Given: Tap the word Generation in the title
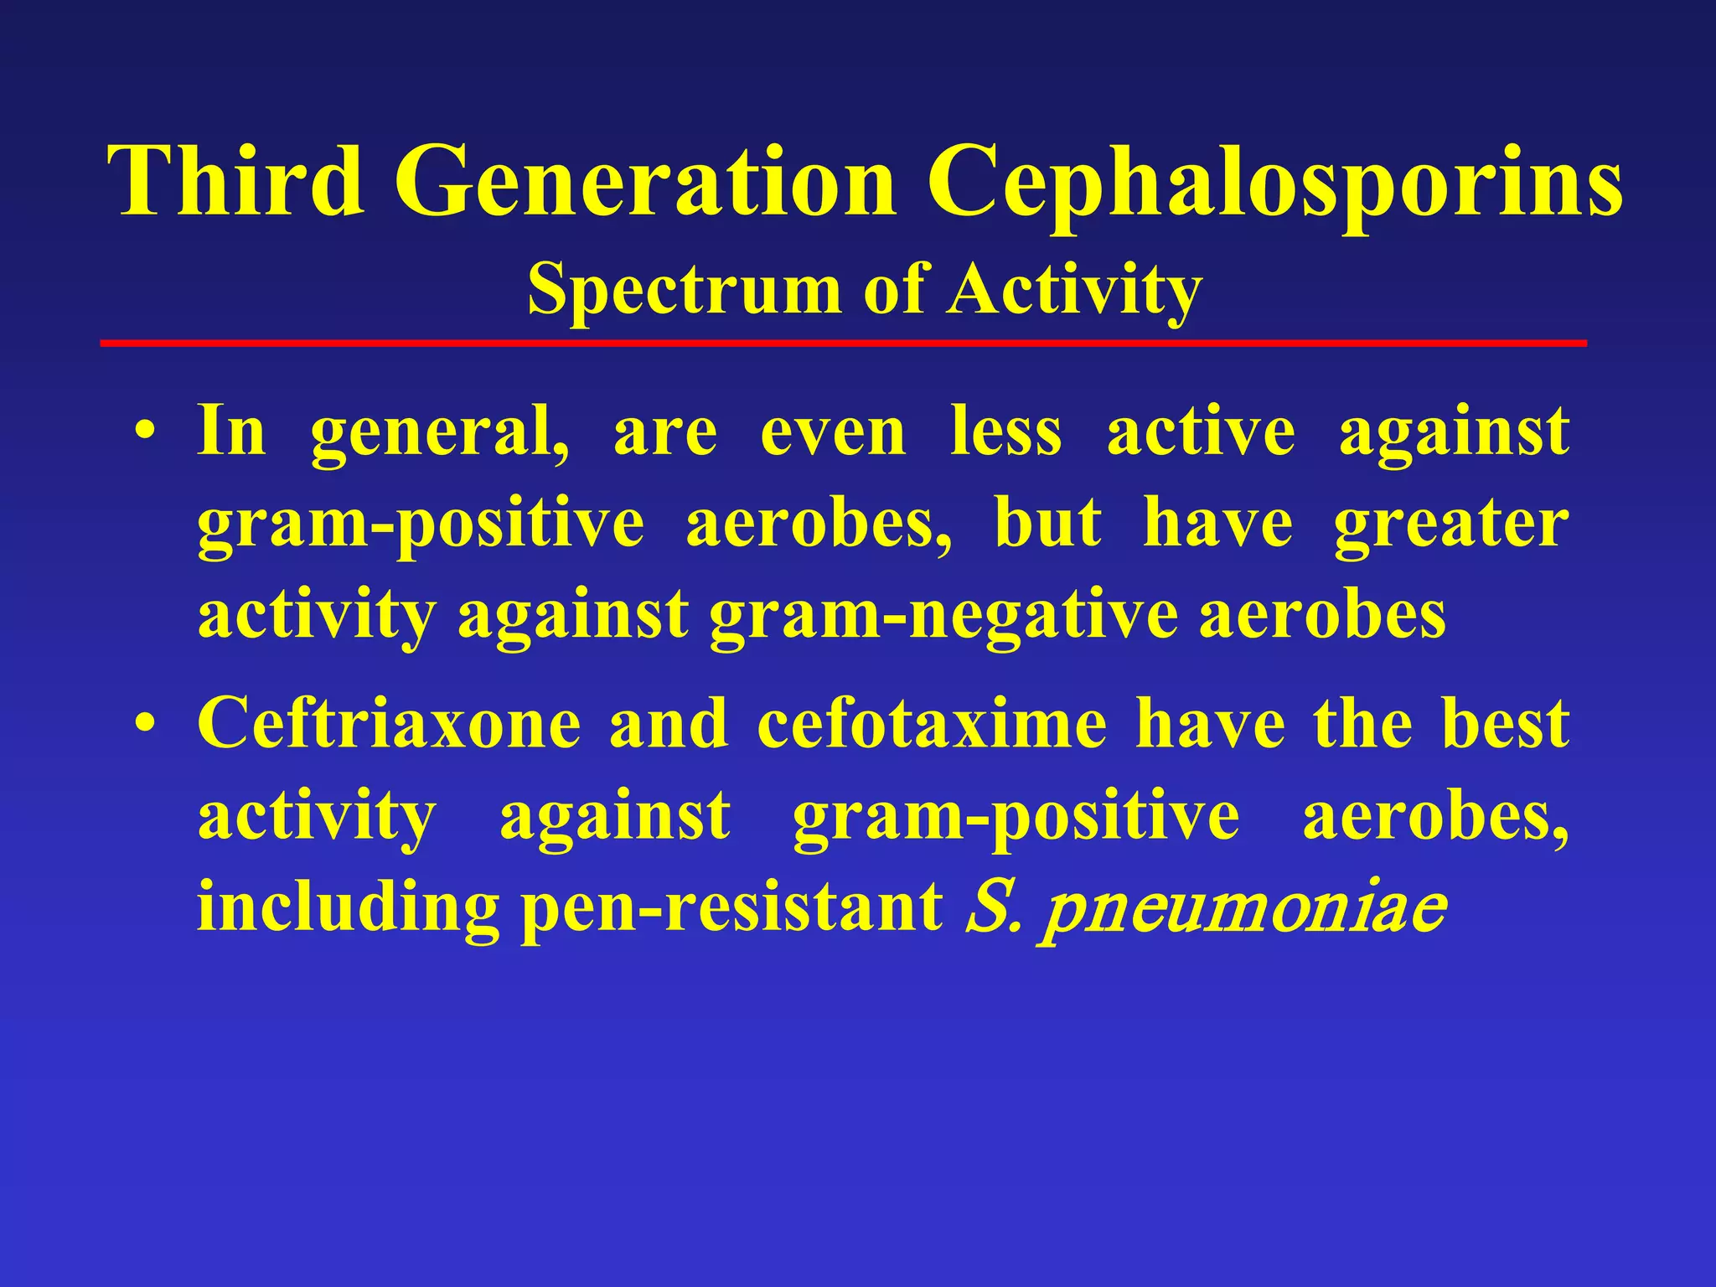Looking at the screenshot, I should point(644,180).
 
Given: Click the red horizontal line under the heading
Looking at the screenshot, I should point(843,343).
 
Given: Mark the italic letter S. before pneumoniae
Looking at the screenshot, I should point(992,909).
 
